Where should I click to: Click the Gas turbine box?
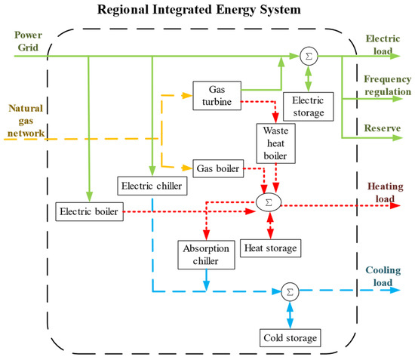click(217, 96)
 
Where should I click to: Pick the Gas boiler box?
click(218, 168)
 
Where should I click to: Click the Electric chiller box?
click(152, 185)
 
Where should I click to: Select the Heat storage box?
click(271, 247)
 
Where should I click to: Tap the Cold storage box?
click(289, 337)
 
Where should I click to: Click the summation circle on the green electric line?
click(309, 56)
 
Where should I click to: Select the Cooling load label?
click(386, 278)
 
